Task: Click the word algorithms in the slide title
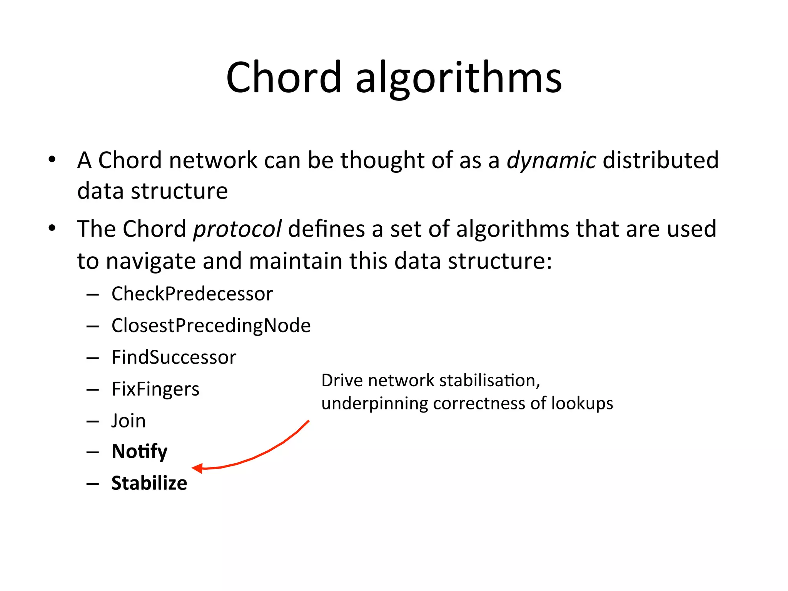pyautogui.click(x=458, y=78)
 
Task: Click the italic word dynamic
pyautogui.click(x=551, y=160)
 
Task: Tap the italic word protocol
pyautogui.click(x=237, y=229)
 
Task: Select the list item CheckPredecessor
pyautogui.click(x=192, y=294)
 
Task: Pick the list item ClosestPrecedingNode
pyautogui.click(x=211, y=326)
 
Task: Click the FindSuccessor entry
pyautogui.click(x=174, y=357)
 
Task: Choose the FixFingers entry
pyautogui.click(x=155, y=389)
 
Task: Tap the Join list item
pyautogui.click(x=129, y=421)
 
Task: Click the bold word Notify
pyautogui.click(x=139, y=451)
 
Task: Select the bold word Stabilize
pyautogui.click(x=149, y=483)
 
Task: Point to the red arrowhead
pyautogui.click(x=197, y=468)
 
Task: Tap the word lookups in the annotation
pyautogui.click(x=582, y=404)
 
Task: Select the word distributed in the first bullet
pyautogui.click(x=660, y=160)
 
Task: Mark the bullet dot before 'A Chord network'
pyautogui.click(x=52, y=159)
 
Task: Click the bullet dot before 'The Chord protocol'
pyautogui.click(x=52, y=228)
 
